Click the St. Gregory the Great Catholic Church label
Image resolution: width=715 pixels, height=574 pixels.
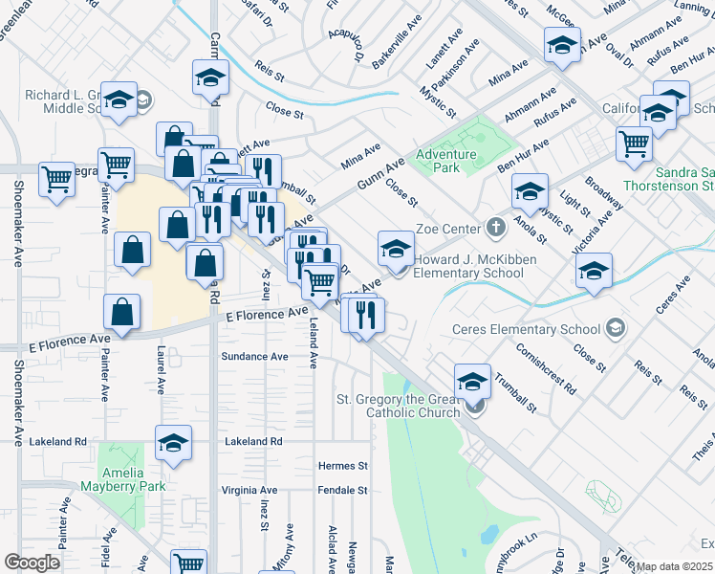point(400,406)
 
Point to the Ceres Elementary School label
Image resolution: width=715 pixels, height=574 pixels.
point(526,330)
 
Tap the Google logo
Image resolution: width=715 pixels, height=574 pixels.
point(32,562)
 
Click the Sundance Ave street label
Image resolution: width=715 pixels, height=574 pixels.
point(254,356)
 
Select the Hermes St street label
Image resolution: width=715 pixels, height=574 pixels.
point(342,466)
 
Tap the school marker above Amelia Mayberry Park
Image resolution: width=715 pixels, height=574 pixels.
point(173,443)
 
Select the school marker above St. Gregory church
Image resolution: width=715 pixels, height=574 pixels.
point(471,382)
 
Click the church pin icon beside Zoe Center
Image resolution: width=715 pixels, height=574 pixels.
point(495,229)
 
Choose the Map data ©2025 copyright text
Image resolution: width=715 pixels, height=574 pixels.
point(673,566)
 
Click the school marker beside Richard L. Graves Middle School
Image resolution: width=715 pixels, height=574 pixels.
point(119,99)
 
